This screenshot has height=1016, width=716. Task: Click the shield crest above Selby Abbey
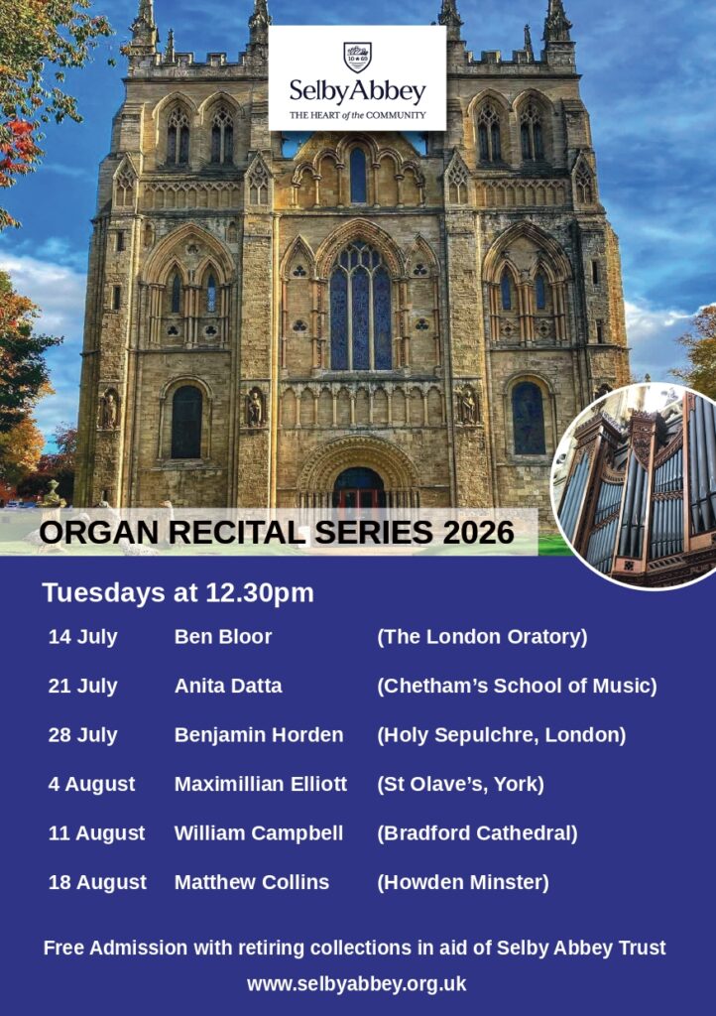pyautogui.click(x=357, y=57)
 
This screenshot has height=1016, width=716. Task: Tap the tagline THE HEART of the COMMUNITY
pyautogui.click(x=357, y=115)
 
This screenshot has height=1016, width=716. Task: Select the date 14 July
pyautogui.click(x=83, y=637)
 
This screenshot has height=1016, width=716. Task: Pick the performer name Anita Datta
pyautogui.click(x=228, y=686)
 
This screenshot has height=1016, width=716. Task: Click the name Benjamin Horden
pyautogui.click(x=259, y=735)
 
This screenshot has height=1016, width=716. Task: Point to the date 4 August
pyautogui.click(x=91, y=784)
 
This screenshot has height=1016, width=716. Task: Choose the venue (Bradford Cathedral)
pyautogui.click(x=477, y=833)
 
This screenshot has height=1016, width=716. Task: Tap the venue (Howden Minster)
pyautogui.click(x=463, y=882)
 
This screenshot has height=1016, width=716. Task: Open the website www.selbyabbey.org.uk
pyautogui.click(x=357, y=984)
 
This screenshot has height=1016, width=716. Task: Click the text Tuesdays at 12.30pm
pyautogui.click(x=179, y=593)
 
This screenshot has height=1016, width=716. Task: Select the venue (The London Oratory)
pyautogui.click(x=482, y=637)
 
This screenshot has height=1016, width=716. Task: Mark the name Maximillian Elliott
pyautogui.click(x=261, y=784)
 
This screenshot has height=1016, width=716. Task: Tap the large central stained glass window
pyautogui.click(x=361, y=305)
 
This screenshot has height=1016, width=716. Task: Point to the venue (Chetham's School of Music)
pyautogui.click(x=517, y=686)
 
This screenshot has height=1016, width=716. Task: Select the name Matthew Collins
pyautogui.click(x=252, y=882)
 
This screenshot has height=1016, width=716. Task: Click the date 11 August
pyautogui.click(x=96, y=833)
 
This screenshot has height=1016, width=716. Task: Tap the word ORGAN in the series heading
pyautogui.click(x=98, y=533)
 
